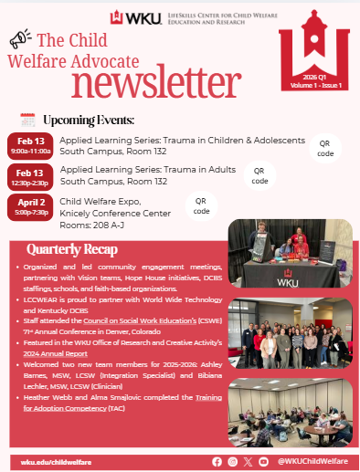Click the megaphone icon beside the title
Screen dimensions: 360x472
(20, 39)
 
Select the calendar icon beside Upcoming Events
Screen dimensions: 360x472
(27, 120)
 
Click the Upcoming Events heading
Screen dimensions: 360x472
(89, 120)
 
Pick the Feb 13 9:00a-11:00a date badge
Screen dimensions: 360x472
(31, 146)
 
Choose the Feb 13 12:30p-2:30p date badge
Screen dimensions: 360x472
(31, 175)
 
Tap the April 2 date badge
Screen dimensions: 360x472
(31, 207)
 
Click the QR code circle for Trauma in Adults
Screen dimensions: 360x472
(259, 175)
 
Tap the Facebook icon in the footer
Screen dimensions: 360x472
(217, 462)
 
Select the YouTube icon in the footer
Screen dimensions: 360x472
(264, 462)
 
